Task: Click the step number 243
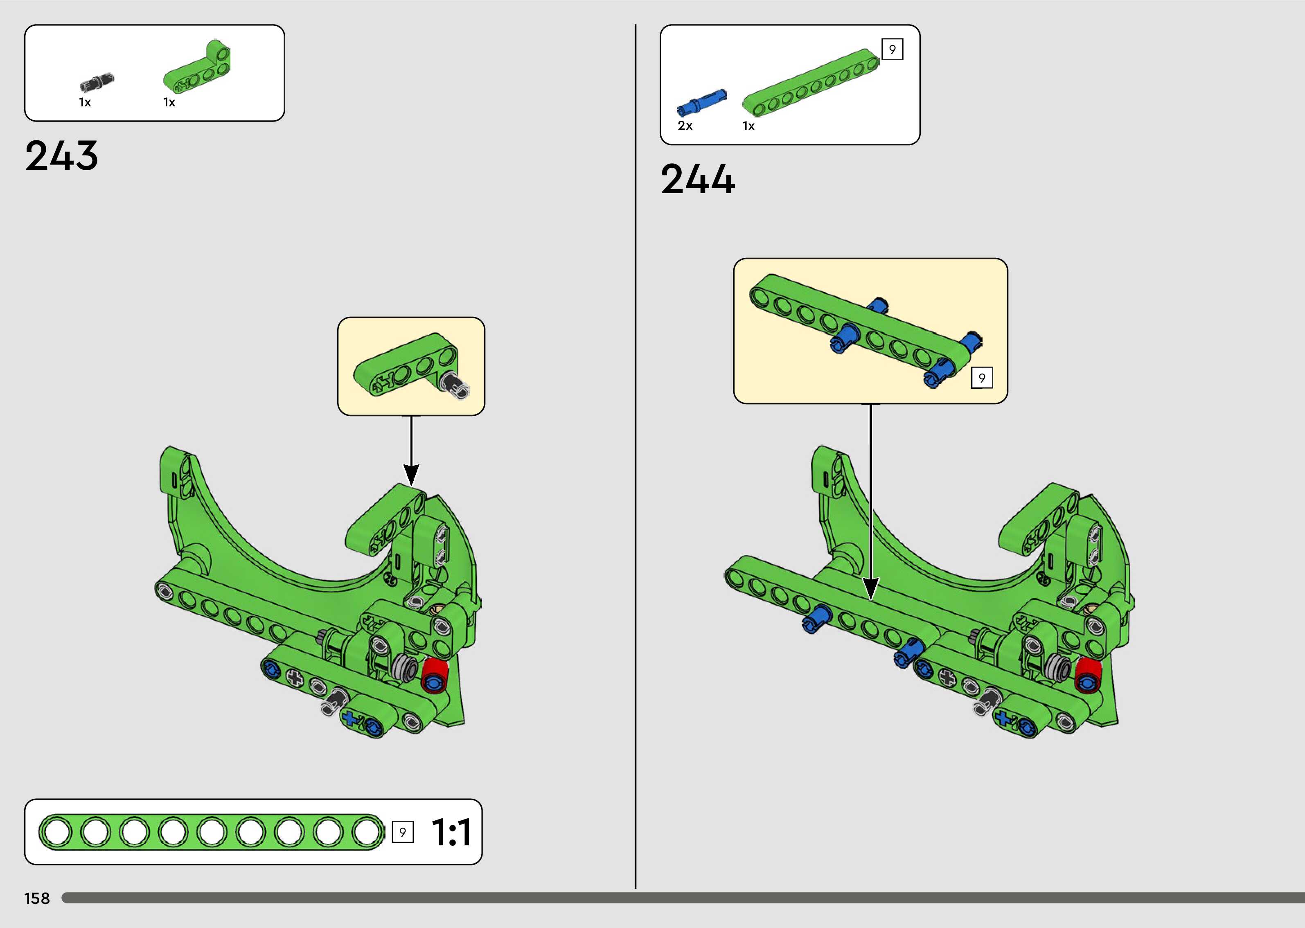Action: [x=62, y=155]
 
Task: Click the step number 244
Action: [x=698, y=180]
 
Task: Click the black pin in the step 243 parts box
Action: [x=97, y=82]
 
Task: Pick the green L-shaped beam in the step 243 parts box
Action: [x=197, y=67]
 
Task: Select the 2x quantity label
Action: [x=685, y=126]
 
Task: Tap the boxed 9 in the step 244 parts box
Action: [x=892, y=49]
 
